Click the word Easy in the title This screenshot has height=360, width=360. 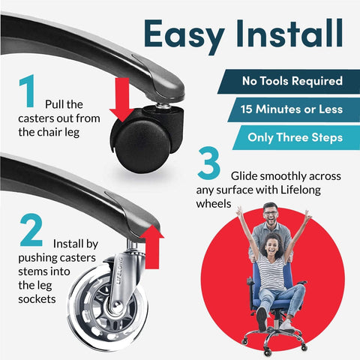pyautogui.click(x=184, y=35)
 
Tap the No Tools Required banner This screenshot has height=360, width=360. pyautogui.click(x=289, y=82)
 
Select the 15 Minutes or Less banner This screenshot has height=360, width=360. pyautogui.click(x=294, y=109)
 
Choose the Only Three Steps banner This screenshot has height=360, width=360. pyautogui.click(x=296, y=137)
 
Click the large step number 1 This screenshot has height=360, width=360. pyautogui.click(x=27, y=91)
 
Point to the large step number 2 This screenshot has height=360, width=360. pyautogui.click(x=31, y=230)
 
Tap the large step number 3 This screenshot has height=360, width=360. pyautogui.click(x=208, y=163)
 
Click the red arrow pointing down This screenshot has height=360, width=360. pyautogui.click(x=122, y=100)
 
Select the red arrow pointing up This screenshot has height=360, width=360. pyautogui.click(x=151, y=247)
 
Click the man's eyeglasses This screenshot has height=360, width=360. pyautogui.click(x=270, y=213)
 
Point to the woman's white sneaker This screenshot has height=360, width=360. pyautogui.click(x=286, y=325)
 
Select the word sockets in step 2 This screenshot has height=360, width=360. pyautogui.click(x=37, y=299)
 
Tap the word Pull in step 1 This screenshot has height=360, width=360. pyautogui.click(x=54, y=104)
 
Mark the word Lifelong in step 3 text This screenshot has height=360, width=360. pyautogui.click(x=301, y=190)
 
